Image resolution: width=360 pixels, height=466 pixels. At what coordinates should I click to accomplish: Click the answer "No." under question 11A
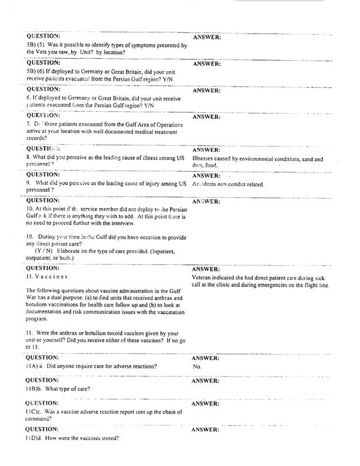(x=197, y=366)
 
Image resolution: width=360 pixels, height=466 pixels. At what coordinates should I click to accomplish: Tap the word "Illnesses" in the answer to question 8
(x=206, y=159)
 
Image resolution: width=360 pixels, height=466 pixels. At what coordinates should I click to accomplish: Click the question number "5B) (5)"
(x=36, y=45)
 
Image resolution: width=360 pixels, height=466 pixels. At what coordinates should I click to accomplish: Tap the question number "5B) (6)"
(x=36, y=71)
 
